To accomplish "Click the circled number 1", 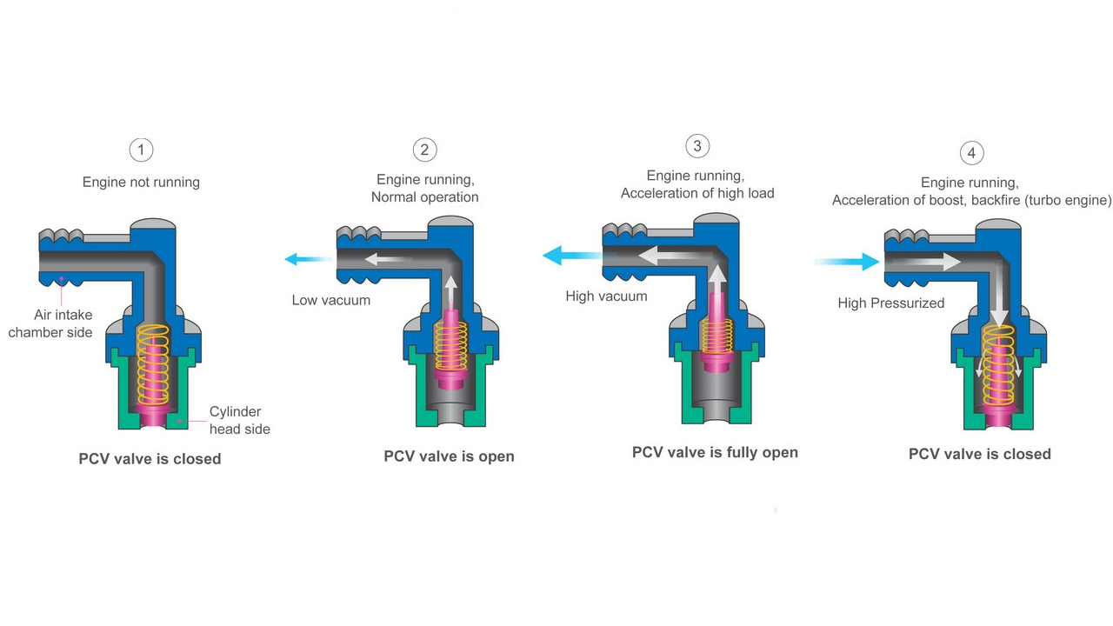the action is pos(141,150).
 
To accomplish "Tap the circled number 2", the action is pos(425,150).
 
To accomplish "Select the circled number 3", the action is pos(697,146).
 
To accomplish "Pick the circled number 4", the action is pos(972,153).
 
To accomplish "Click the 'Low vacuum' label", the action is pos(331,300).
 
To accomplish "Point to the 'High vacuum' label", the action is pos(606,296).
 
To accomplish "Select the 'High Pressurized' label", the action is pos(891,303).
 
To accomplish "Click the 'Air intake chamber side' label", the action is pos(50,323).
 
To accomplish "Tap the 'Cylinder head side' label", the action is pos(239,420).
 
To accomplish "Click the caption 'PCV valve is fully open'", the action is pos(715,453).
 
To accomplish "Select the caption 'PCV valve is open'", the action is pos(450,456).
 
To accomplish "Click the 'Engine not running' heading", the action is pos(141,183).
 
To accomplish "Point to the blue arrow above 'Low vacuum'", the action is pos(309,259).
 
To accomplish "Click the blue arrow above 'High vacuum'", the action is pos(574,256).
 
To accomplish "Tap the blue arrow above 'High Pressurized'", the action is pos(847,262).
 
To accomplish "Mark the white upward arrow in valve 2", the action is pos(450,293).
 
